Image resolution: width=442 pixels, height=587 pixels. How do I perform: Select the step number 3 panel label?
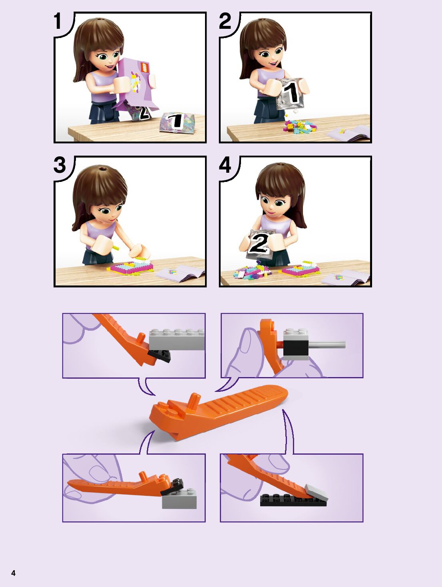[60, 165]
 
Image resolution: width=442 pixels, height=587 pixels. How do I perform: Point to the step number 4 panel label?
[225, 165]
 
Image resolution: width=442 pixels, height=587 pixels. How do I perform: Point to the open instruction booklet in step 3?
[181, 273]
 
